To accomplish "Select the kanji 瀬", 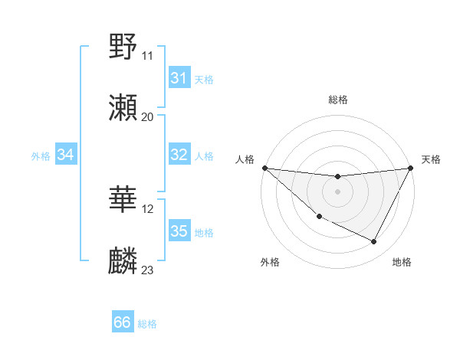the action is [123, 108].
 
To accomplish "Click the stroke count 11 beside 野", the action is [147, 55].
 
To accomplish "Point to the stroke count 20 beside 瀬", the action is [147, 117].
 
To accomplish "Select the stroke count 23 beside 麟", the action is [147, 270].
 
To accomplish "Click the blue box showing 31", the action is [179, 78].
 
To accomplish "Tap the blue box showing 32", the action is [179, 155].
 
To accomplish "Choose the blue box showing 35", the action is [179, 231].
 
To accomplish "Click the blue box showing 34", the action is [65, 155].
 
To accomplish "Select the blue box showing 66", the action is [122, 322].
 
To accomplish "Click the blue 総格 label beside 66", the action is [147, 324].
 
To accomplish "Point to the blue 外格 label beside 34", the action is [41, 156].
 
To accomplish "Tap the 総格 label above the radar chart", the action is [337, 100].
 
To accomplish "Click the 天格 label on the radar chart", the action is [431, 159].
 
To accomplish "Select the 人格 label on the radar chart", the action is [245, 159].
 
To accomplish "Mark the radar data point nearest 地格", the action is [374, 242].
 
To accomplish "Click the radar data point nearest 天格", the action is [410, 168].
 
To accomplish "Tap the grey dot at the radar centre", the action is [337, 191].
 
